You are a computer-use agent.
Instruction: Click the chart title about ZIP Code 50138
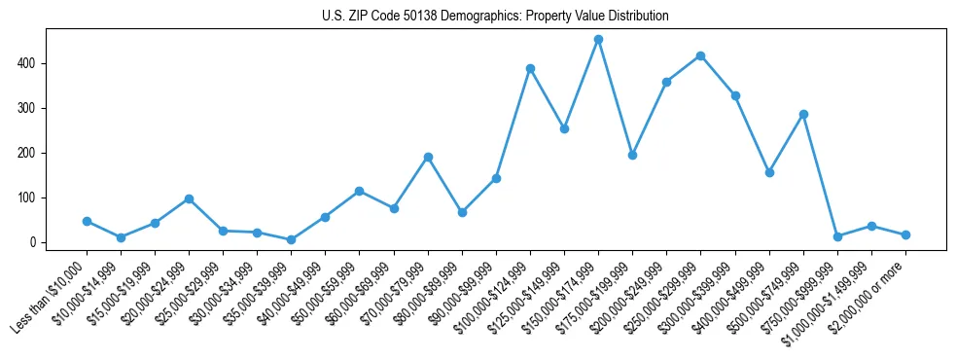(495, 17)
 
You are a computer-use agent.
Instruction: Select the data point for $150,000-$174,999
(598, 40)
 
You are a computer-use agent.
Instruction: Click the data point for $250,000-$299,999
(700, 56)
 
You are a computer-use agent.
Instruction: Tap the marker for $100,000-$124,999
(530, 69)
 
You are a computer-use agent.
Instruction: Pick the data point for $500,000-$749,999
(803, 115)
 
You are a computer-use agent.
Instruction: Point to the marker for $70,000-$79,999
(428, 157)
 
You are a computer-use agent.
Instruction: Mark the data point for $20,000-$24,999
(189, 198)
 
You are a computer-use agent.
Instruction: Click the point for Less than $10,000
(87, 221)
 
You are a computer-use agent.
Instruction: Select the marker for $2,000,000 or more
(905, 234)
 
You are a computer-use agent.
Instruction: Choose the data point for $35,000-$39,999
(291, 239)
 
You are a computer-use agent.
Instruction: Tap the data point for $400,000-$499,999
(769, 172)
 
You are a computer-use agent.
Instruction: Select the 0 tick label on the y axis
(33, 242)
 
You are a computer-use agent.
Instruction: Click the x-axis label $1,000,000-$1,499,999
(832, 292)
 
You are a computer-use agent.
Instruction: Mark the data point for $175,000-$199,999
(632, 155)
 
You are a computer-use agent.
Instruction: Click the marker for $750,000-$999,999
(837, 236)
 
